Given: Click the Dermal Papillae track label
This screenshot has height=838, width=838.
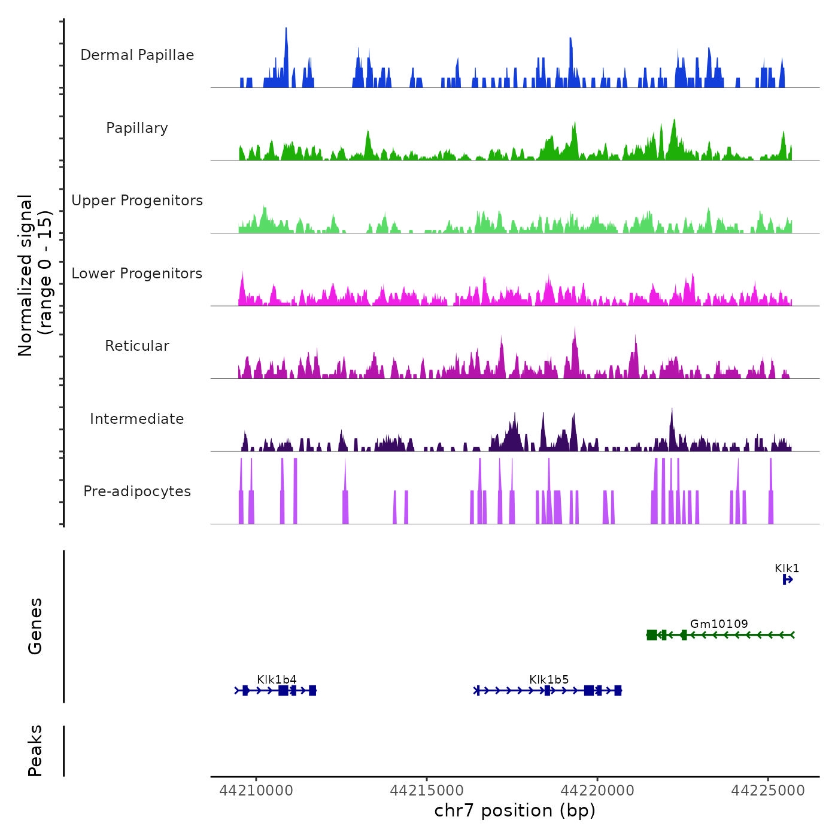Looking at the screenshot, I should (137, 55).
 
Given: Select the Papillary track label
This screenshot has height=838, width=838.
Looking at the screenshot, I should (137, 128).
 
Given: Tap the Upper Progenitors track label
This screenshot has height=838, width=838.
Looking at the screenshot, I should (137, 201).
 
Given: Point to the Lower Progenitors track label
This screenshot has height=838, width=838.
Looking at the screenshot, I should (137, 274).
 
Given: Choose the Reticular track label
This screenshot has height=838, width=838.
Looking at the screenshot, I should (137, 346).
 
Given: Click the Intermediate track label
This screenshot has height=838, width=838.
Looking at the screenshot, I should (137, 419).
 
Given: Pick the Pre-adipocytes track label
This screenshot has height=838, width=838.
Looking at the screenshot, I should (137, 491).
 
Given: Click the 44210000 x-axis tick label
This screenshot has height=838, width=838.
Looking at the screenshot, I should (256, 791).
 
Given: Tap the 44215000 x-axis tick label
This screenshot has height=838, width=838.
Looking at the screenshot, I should (427, 791).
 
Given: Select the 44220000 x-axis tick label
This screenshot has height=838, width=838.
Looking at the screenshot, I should (597, 791).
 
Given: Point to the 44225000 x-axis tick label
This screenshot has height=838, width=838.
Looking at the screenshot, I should (768, 791).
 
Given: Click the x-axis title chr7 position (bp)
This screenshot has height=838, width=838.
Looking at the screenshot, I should (515, 810).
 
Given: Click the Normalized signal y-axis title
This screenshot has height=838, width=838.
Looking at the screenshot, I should (35, 275).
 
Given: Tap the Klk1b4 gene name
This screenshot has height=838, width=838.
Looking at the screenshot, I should (277, 679).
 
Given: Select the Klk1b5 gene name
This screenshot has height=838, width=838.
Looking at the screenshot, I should (549, 679).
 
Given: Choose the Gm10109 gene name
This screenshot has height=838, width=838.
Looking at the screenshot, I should (719, 624).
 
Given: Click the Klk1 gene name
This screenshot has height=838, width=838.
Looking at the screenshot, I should (787, 568).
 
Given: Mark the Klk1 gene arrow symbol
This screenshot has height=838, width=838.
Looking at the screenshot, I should (788, 579).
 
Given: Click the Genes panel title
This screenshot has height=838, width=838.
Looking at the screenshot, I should (35, 626).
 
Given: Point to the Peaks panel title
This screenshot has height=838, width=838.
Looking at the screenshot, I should (35, 751).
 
